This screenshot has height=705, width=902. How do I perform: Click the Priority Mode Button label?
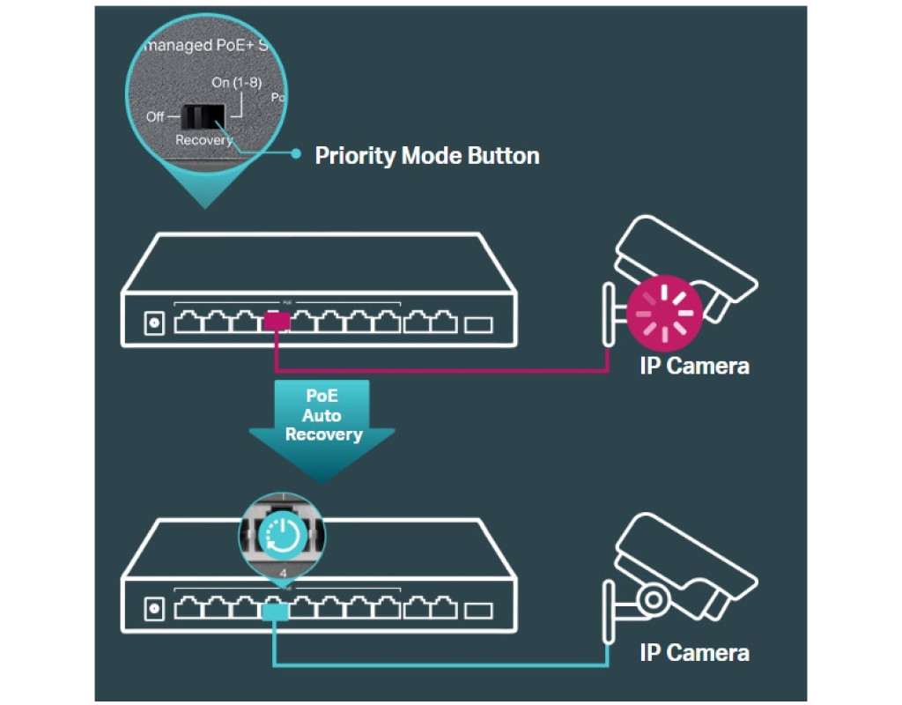[427, 156]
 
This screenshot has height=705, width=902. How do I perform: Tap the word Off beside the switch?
[154, 116]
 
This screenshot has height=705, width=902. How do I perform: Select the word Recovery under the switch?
[203, 140]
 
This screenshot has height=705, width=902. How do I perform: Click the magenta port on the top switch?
[277, 322]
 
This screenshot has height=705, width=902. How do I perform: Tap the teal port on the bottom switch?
[277, 610]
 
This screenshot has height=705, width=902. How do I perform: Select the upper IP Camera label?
[694, 367]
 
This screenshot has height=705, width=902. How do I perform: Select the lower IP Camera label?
[694, 653]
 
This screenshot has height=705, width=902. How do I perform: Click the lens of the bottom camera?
[653, 599]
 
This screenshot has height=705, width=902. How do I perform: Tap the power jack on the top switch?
[155, 323]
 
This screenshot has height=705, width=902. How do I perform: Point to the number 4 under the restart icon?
[283, 574]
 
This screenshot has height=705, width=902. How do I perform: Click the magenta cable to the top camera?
[440, 371]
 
